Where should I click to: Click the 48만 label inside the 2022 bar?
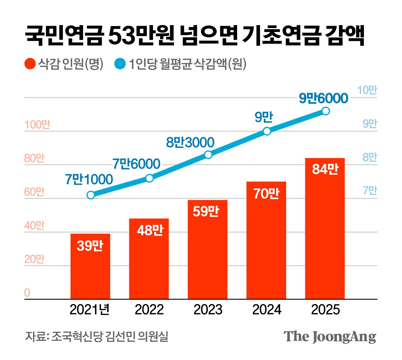coord(150,230)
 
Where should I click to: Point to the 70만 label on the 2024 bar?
coord(266,194)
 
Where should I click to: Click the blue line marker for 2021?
coord(90,195)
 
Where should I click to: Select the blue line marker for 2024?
coord(267,131)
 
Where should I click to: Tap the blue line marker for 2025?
coord(326,111)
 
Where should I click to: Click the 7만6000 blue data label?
coord(136,164)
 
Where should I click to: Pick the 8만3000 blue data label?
coord(190,142)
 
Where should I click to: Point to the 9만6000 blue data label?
coord(323,98)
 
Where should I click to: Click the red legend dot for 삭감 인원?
coord(30,64)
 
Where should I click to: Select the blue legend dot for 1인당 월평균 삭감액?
coord(120,64)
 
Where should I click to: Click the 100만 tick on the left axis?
coord(37,125)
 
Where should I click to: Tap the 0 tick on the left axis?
coord(27,293)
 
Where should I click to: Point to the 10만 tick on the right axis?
coord(367,90)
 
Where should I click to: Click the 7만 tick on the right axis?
coord(370,191)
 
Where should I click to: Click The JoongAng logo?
coord(330,337)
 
